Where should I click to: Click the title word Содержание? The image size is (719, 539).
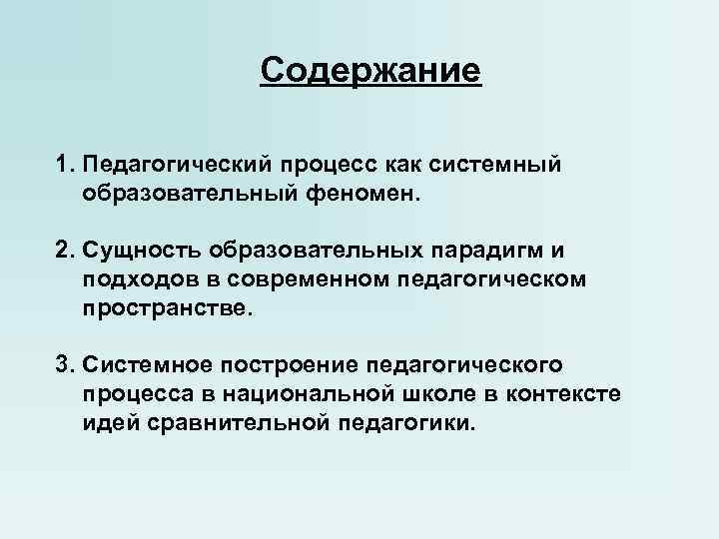(x=370, y=70)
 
